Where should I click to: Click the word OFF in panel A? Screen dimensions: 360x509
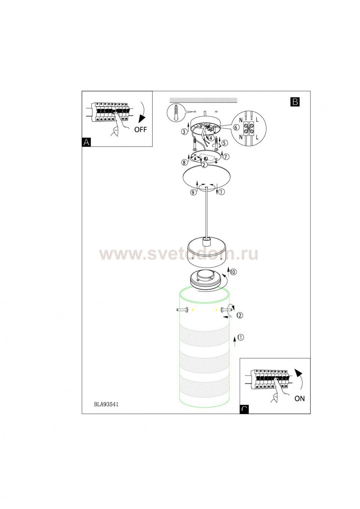[x=141, y=130]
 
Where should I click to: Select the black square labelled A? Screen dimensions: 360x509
[x=86, y=142]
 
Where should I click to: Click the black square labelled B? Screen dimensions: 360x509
[x=295, y=102]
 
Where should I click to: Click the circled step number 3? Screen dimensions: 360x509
[x=184, y=131]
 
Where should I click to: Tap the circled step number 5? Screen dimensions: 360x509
[x=224, y=143]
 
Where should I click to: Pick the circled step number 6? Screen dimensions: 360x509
[x=236, y=128]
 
